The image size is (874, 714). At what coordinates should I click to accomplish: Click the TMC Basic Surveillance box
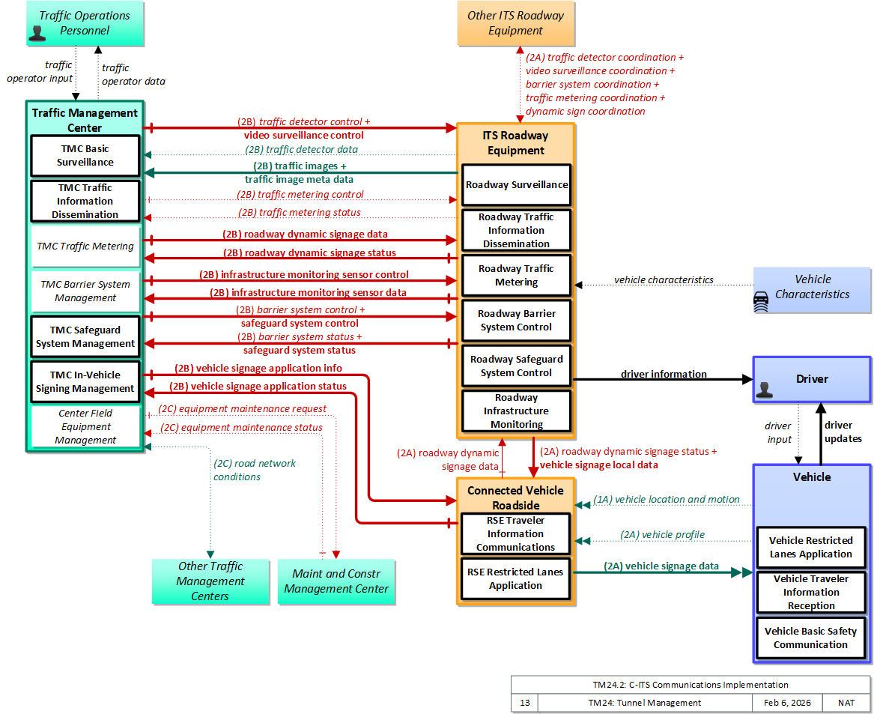(85, 156)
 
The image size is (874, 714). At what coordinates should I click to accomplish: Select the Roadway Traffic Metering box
(516, 276)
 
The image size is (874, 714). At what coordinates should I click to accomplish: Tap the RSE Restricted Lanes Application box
(515, 578)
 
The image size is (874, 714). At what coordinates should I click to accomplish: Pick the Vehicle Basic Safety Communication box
(810, 638)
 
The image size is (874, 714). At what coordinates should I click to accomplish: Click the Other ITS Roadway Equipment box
(515, 23)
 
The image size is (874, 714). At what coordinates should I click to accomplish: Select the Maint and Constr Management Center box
(336, 581)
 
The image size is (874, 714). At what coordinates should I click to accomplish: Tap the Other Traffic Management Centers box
(210, 581)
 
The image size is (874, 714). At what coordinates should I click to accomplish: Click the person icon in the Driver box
(764, 390)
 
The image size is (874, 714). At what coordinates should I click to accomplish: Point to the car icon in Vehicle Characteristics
(761, 301)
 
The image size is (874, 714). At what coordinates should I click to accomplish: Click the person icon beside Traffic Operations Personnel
(37, 34)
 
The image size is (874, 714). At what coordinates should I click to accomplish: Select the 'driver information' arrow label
(664, 374)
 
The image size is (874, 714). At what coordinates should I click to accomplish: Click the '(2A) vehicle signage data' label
(661, 566)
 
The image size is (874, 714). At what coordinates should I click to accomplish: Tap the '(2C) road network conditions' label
(255, 470)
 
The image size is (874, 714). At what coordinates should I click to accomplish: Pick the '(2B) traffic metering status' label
(300, 212)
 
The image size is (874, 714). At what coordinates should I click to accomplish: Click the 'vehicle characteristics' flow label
(664, 279)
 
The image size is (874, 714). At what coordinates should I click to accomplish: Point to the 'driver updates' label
(843, 432)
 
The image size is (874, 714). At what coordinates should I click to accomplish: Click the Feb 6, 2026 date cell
(787, 703)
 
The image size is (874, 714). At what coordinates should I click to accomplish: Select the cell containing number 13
(525, 703)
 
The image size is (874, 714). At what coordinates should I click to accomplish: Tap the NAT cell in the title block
(846, 703)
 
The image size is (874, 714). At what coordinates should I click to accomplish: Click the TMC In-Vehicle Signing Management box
(85, 381)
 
